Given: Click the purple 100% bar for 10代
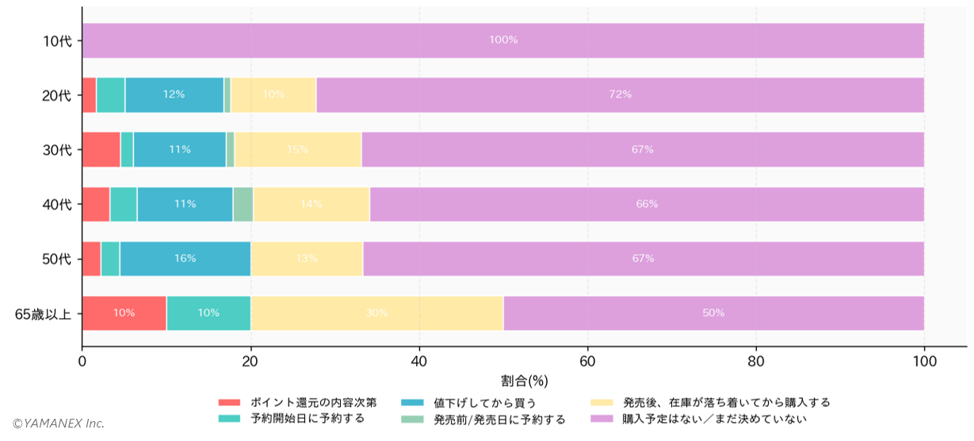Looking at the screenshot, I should point(502,40).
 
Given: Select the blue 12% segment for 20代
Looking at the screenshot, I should point(174,95).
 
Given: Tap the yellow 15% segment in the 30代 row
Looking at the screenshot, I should point(297,149).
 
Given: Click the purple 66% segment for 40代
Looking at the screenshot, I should point(646,204).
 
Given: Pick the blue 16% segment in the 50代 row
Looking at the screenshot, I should point(185,259).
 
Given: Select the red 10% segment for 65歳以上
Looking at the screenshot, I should point(124,313).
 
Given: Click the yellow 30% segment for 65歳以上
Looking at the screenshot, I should point(376,313).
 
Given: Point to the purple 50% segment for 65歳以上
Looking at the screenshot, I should point(713,313).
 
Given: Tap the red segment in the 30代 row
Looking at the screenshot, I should point(101,149).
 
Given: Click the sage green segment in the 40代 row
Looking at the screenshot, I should point(243,204).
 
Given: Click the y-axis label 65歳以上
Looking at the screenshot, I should point(44,314).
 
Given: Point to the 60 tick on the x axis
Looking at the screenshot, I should point(587,362).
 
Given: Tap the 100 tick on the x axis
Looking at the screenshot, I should point(924,362).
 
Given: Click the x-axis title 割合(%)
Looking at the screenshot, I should point(524,381).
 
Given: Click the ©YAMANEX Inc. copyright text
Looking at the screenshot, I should point(58,424).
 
